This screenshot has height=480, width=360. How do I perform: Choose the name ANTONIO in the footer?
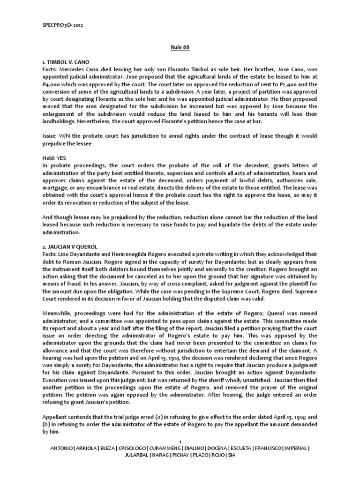(x=62, y=448)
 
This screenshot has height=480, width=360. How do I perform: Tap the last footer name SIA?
(x=231, y=455)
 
